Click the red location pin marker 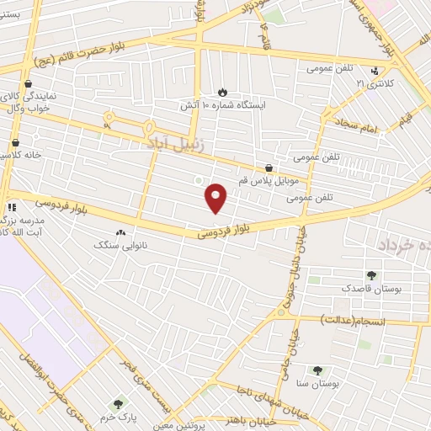tap(217, 197)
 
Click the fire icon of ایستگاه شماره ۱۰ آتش tap(222, 93)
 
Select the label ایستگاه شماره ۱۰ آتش tap(222, 107)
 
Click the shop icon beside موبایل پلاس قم tap(269, 168)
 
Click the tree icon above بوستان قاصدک tap(371, 274)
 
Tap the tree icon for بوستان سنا tap(317, 370)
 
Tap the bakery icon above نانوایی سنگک tap(121, 232)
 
